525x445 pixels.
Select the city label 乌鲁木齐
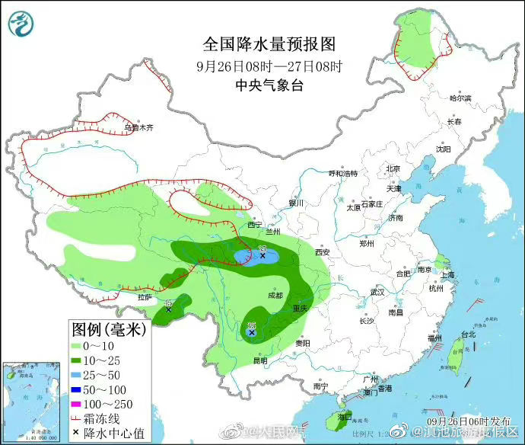pos(138,128)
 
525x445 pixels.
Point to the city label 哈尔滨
pos(460,98)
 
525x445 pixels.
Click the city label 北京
pos(393,169)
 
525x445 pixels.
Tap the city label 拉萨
pos(145,296)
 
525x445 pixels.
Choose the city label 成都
pos(275,295)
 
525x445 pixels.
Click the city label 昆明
pos(260,360)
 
